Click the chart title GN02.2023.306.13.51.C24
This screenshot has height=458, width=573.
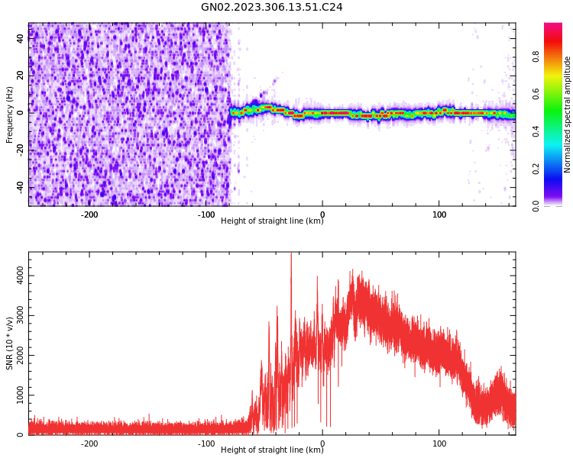272,8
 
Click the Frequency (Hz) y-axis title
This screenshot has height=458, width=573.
10,114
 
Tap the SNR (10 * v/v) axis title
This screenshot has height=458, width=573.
10,343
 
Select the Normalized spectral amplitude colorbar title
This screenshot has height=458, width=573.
568,114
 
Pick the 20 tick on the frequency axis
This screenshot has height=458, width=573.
21,74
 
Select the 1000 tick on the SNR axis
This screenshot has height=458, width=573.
21,395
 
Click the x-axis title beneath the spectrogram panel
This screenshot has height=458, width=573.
272,221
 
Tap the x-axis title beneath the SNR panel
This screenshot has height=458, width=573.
272,450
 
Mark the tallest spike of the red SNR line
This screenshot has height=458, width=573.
291,256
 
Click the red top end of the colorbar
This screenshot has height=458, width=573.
553,26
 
